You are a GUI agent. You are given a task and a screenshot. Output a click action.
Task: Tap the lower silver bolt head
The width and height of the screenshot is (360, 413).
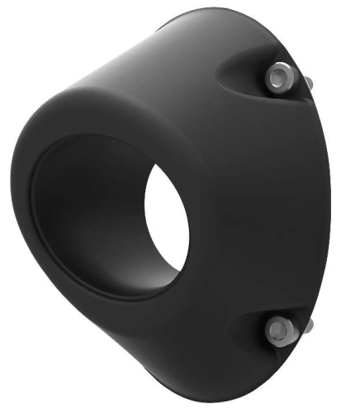(x=278, y=330)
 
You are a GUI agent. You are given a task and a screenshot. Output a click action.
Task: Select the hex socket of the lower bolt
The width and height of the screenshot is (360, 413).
(x=278, y=330)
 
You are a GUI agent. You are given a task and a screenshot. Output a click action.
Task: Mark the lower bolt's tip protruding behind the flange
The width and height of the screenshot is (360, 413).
(x=306, y=326)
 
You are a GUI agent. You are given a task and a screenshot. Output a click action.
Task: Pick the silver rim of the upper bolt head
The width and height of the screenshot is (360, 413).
(x=272, y=73)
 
